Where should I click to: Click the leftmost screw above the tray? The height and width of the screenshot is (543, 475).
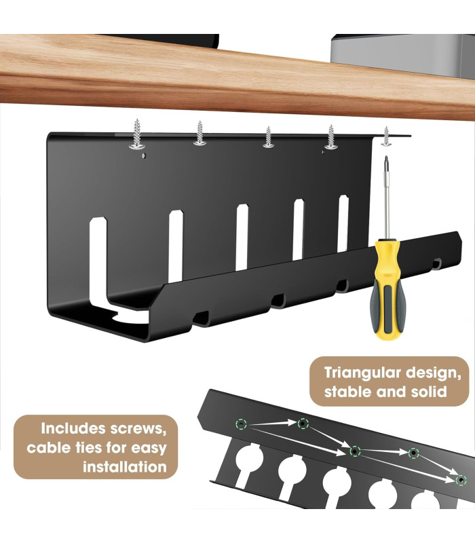click(x=137, y=134)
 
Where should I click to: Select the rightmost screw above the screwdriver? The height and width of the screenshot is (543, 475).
click(x=386, y=136)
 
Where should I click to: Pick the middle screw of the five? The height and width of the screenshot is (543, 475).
click(x=268, y=137)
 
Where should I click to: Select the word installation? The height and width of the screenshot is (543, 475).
click(x=125, y=467)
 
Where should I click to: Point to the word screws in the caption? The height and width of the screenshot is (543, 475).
click(x=138, y=429)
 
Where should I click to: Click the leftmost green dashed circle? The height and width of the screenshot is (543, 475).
click(x=241, y=424)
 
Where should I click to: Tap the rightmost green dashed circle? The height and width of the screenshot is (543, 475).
click(x=461, y=480)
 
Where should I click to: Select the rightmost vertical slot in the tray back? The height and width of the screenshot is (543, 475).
click(x=343, y=224)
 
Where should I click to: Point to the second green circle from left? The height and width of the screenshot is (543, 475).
click(x=303, y=423)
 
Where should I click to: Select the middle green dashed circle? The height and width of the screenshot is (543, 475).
click(x=355, y=451)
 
